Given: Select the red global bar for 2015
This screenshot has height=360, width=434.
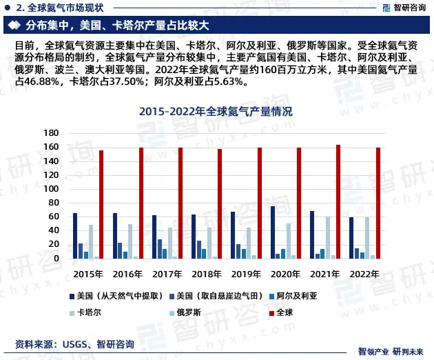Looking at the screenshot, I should [101, 204].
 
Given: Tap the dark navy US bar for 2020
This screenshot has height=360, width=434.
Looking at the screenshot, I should [272, 232].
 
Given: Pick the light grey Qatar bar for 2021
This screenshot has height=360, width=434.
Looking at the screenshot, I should [327, 237].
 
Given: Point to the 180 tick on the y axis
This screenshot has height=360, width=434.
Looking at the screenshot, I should [50, 132].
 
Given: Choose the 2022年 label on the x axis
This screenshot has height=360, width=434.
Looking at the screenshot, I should [364, 273].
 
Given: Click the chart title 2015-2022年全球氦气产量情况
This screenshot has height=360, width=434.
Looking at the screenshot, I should [216, 111].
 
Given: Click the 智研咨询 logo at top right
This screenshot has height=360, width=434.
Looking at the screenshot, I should [402, 8].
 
